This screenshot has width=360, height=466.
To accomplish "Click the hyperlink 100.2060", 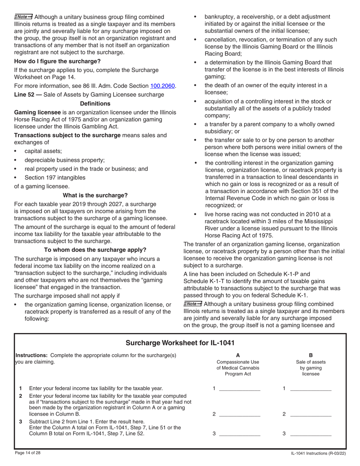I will click(x=163, y=86).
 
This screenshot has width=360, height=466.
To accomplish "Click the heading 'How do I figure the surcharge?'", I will click(x=58, y=61).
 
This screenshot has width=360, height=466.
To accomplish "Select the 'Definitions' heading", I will click(x=95, y=103).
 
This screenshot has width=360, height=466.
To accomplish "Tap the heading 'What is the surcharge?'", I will click(x=95, y=195).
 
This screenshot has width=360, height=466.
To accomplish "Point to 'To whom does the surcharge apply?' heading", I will click(x=95, y=250).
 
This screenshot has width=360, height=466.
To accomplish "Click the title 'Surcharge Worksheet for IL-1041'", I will click(x=180, y=343).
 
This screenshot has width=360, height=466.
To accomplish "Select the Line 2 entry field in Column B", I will click(x=310, y=414).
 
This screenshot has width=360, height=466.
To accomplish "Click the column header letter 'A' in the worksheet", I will click(x=238, y=355).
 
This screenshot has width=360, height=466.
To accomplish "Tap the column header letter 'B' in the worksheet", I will click(x=311, y=355).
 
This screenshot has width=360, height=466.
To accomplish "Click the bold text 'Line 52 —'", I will click(x=28, y=95).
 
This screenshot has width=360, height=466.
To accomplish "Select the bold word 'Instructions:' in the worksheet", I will click(x=31, y=355).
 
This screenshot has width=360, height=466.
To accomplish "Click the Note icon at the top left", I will click(x=23, y=17).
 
